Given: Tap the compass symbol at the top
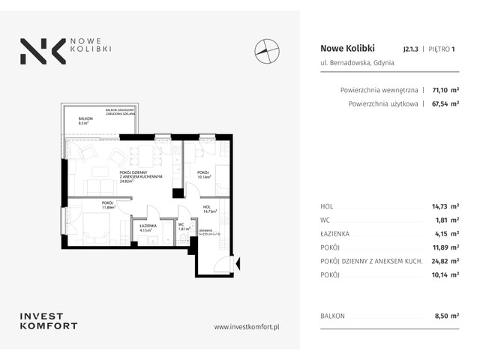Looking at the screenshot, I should [265, 51].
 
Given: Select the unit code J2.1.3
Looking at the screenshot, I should [410, 49].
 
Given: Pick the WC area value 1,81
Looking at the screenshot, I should [448, 219].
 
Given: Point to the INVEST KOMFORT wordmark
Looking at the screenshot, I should [49, 321].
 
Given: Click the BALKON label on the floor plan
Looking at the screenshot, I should [87, 121].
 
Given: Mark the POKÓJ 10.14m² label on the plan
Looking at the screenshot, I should [204, 175].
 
